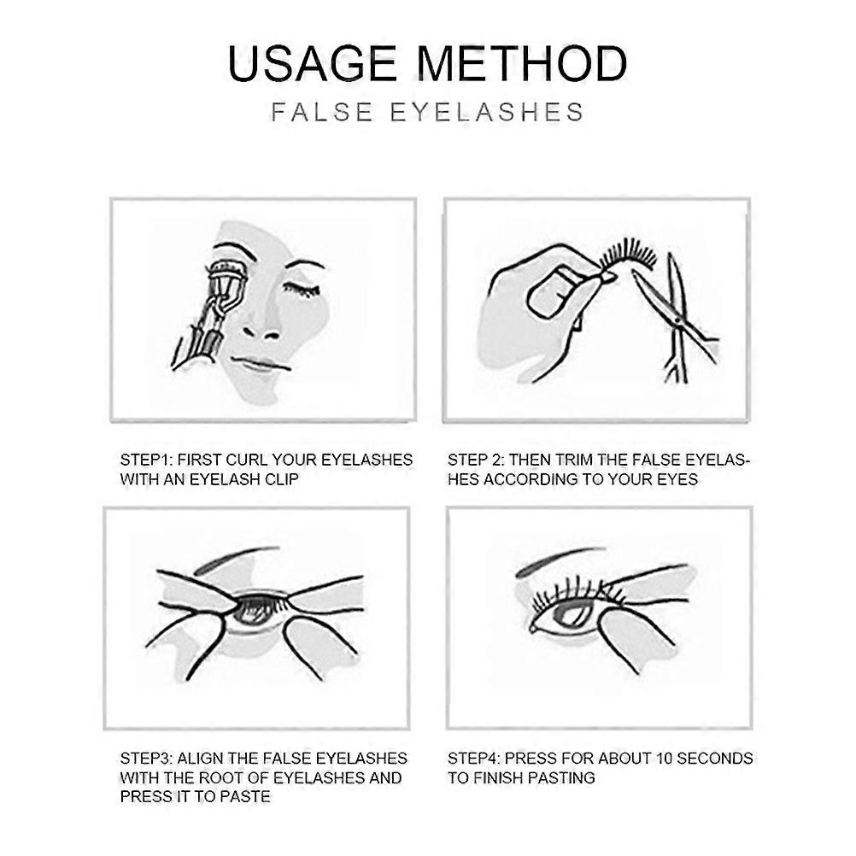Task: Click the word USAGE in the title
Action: (x=312, y=63)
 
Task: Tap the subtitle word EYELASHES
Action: (x=487, y=112)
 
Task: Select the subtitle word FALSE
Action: (x=321, y=112)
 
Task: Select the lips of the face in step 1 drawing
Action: (x=260, y=363)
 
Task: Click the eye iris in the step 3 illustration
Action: (x=252, y=612)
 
